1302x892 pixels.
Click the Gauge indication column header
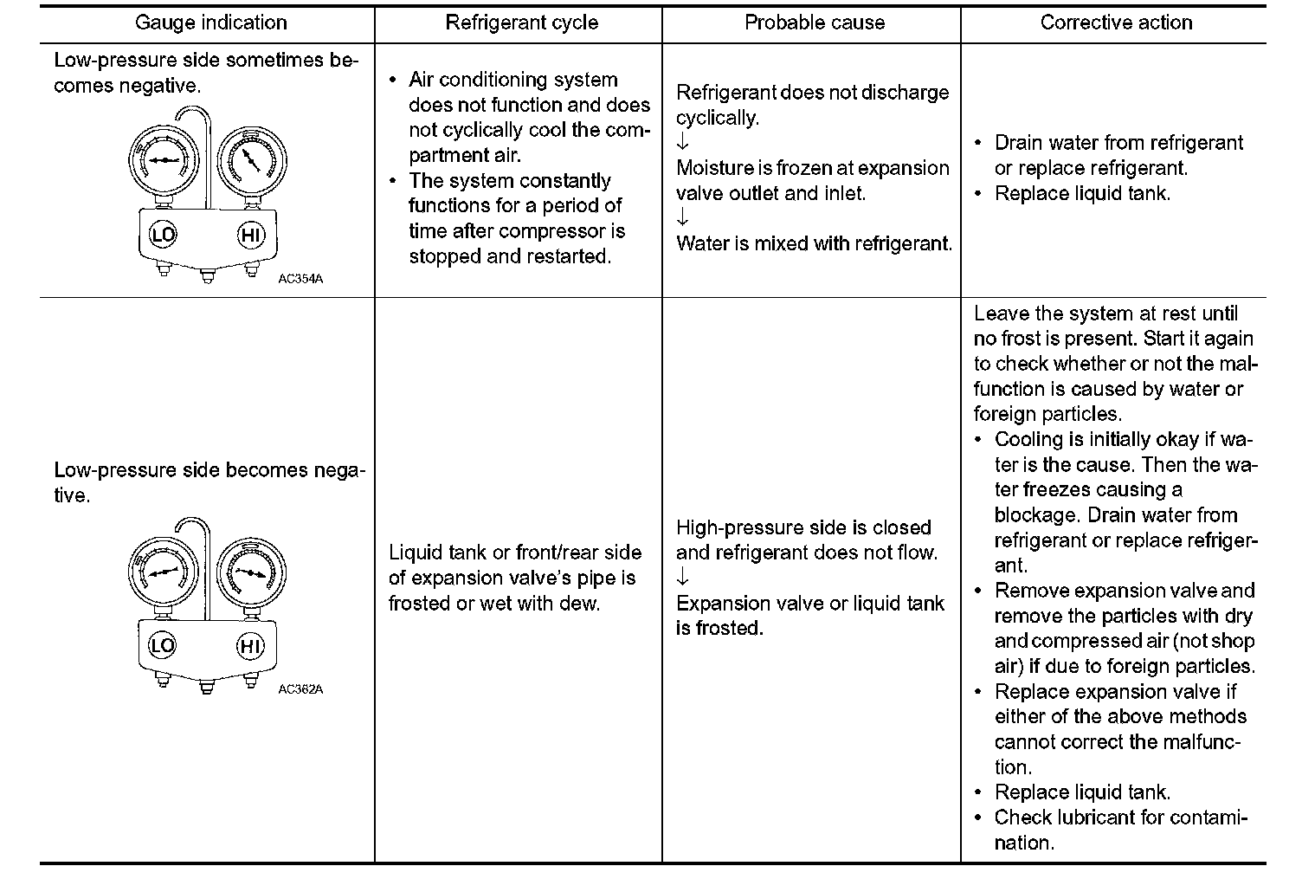click(x=210, y=23)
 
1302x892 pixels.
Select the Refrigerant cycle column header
click(x=521, y=23)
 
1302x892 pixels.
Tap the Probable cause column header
click(x=815, y=23)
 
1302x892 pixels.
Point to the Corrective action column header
click(x=1116, y=23)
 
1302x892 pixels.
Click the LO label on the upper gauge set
click(x=162, y=236)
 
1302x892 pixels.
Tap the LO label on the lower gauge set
click(x=162, y=646)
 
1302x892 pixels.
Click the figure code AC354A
click(x=300, y=279)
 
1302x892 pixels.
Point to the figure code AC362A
click(x=300, y=689)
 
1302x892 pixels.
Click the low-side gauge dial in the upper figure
click(x=163, y=161)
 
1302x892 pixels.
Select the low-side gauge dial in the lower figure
click(x=163, y=572)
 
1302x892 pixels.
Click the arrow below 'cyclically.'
click(x=682, y=143)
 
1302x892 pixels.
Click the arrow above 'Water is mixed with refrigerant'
click(x=682, y=218)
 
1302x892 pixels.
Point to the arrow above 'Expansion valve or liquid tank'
click(x=682, y=578)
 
